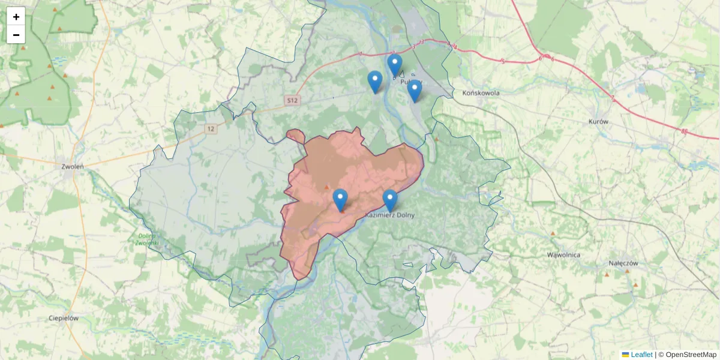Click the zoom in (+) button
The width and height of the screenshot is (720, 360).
point(16,16)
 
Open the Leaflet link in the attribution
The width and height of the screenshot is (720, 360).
point(641,355)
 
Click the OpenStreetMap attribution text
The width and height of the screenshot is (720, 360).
point(691,355)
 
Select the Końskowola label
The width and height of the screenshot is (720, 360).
point(481,93)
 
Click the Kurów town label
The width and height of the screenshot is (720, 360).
point(599,121)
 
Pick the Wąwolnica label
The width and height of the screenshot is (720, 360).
point(563,254)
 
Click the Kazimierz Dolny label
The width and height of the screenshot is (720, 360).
point(390,215)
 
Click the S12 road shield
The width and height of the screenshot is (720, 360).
point(292,101)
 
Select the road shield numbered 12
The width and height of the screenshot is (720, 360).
point(209,129)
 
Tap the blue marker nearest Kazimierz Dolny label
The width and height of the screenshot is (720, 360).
point(390,200)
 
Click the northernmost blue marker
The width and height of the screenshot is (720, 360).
point(394,64)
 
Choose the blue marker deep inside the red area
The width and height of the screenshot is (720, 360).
point(340,199)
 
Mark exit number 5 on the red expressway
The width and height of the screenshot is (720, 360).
point(503,61)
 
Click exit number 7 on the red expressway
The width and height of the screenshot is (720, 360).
point(613,98)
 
